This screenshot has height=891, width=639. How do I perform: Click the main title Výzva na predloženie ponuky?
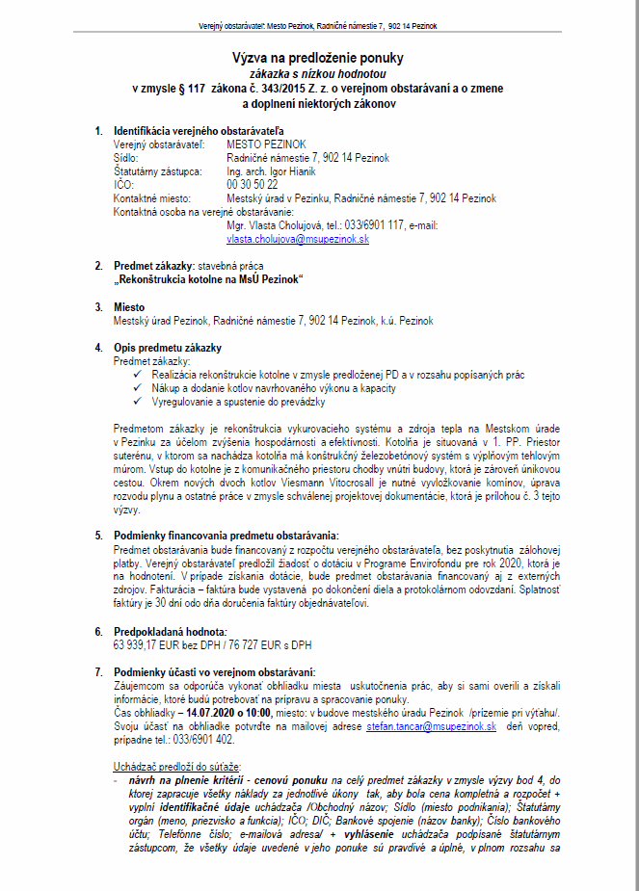pyautogui.click(x=318, y=58)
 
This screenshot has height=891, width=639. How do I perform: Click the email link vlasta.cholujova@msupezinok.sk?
pyautogui.click(x=298, y=239)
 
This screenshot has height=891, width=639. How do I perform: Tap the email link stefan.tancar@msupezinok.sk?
pyautogui.click(x=431, y=726)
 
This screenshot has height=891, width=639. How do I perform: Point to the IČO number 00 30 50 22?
pyautogui.click(x=253, y=184)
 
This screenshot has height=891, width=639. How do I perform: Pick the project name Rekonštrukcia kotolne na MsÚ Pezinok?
pyautogui.click(x=209, y=278)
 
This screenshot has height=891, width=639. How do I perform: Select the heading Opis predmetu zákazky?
pyautogui.click(x=167, y=347)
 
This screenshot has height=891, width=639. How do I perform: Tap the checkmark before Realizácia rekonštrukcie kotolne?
pyautogui.click(x=140, y=374)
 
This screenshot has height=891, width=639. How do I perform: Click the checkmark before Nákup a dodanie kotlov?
pyautogui.click(x=140, y=387)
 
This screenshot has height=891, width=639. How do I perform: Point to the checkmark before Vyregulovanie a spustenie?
pyautogui.click(x=140, y=402)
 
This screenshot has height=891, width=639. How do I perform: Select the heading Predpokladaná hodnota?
pyautogui.click(x=170, y=631)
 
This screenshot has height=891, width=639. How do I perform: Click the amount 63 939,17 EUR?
pyautogui.click(x=146, y=643)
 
